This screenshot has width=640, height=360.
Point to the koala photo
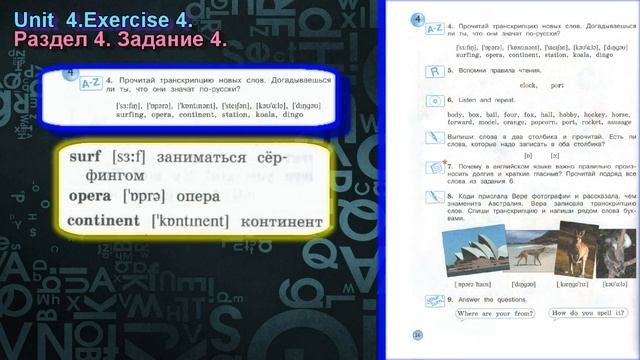612,251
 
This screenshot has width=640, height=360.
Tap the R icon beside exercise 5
434,71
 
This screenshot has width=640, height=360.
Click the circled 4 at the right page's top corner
417,16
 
